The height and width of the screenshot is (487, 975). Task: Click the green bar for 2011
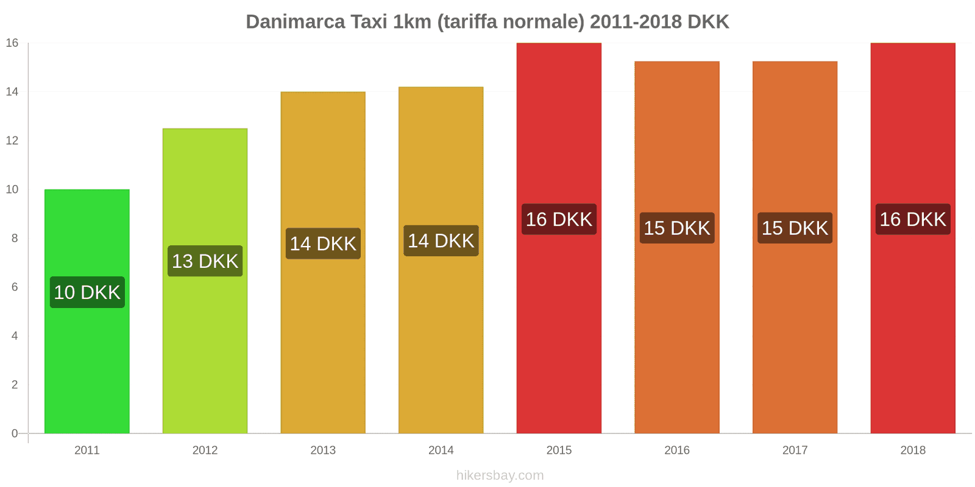(87, 365)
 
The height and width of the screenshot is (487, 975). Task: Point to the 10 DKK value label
(87, 292)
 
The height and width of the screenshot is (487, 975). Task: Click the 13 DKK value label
(205, 261)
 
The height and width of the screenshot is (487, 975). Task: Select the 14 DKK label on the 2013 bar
(323, 243)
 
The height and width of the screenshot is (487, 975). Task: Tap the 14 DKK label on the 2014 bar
(441, 240)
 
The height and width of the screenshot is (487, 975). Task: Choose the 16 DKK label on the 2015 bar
(559, 219)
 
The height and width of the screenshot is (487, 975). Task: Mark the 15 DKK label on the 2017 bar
(795, 228)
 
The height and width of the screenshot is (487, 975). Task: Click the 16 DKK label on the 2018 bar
(913, 219)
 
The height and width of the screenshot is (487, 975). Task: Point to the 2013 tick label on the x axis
(323, 450)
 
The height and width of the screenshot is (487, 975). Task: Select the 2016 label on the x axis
(677, 450)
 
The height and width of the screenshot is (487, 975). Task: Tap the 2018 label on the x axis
(913, 450)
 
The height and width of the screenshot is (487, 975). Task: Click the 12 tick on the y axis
(12, 141)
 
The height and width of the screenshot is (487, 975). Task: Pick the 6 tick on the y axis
(15, 287)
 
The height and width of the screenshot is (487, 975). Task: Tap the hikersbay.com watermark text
(500, 475)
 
